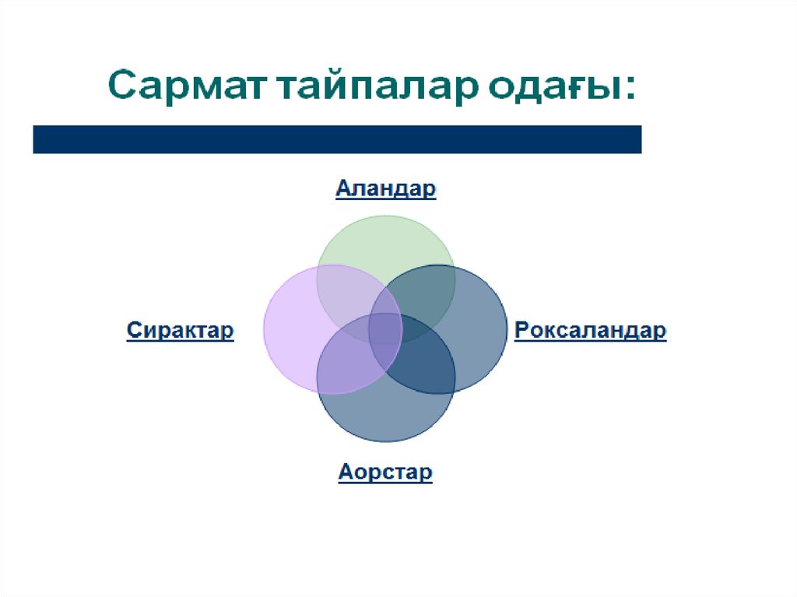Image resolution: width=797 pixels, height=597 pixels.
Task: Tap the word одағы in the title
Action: pyautogui.click(x=553, y=87)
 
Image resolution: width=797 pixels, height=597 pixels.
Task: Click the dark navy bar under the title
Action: pyautogui.click(x=337, y=139)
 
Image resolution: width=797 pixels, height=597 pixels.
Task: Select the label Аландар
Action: pyautogui.click(x=386, y=188)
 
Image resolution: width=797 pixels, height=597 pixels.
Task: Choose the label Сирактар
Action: pyautogui.click(x=180, y=330)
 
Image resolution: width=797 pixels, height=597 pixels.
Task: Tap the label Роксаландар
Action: pyautogui.click(x=590, y=331)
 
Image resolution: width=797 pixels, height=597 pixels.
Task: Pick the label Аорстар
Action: pyautogui.click(x=385, y=472)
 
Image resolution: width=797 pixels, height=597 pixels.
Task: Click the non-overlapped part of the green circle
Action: pyautogui.click(x=386, y=239)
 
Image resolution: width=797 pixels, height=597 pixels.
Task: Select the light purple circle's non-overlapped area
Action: pyautogui.click(x=290, y=331)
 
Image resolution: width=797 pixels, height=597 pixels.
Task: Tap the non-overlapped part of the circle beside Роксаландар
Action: pyautogui.click(x=483, y=331)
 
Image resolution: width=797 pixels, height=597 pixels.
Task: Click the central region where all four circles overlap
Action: pyautogui.click(x=385, y=329)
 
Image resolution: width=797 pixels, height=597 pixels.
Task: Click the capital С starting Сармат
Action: pyautogui.click(x=122, y=85)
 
